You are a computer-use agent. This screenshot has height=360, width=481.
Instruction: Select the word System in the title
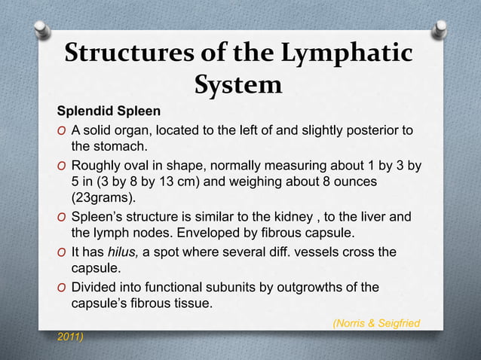tap(238, 86)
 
